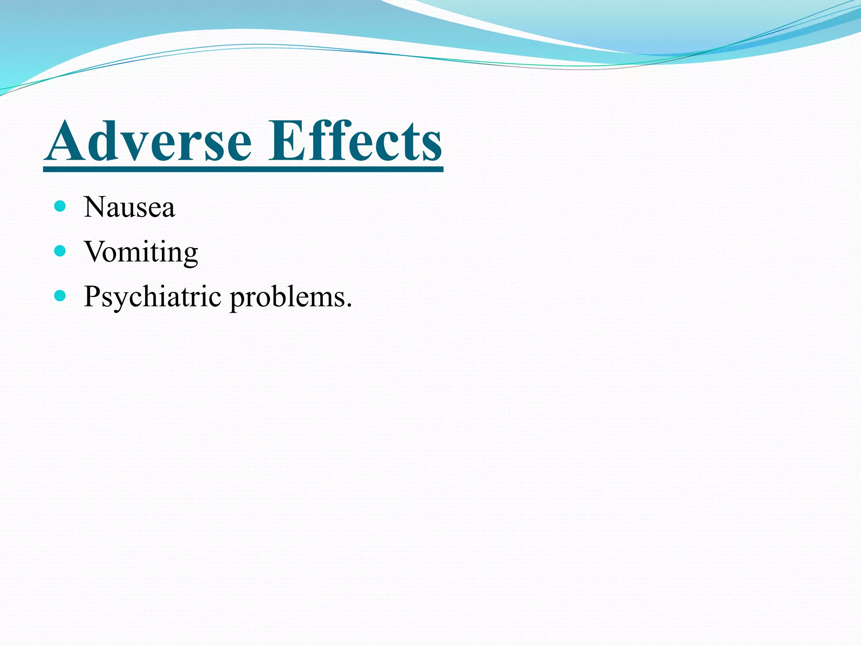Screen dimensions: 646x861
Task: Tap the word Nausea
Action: point(129,207)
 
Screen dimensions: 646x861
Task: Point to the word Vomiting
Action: point(141,252)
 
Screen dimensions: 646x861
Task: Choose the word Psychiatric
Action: point(152,297)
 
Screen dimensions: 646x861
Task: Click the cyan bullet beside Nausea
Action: point(61,206)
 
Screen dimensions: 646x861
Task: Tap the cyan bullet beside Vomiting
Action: point(61,251)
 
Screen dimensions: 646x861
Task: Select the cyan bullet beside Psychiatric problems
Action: point(61,296)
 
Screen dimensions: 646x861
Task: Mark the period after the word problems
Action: point(348,305)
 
